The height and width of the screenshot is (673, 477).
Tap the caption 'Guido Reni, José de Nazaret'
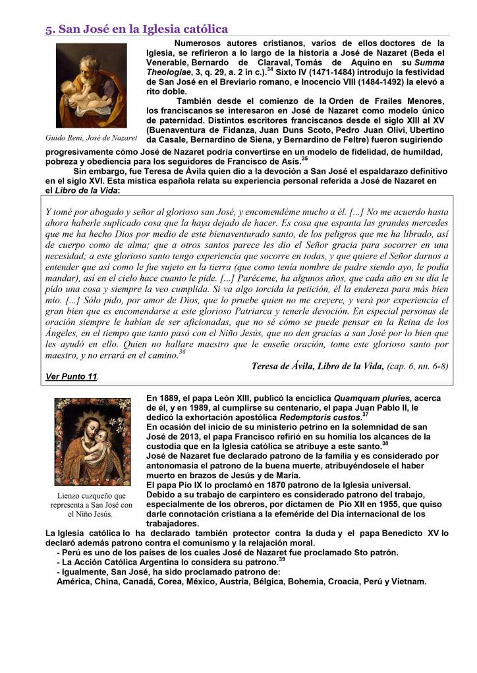pyautogui.click(x=91, y=138)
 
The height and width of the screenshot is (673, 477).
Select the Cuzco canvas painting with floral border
pyautogui.click(x=92, y=441)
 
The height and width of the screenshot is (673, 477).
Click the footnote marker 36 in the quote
pyautogui.click(x=182, y=352)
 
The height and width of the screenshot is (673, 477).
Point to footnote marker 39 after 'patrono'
pyautogui.click(x=281, y=560)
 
